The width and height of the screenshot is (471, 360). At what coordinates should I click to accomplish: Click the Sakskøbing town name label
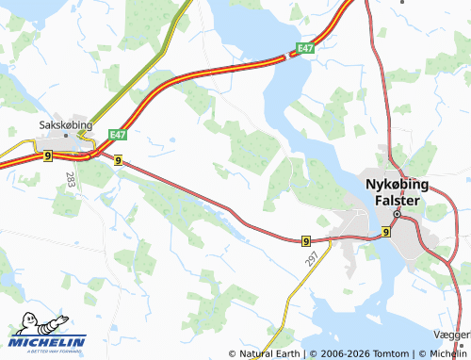pos(66,123)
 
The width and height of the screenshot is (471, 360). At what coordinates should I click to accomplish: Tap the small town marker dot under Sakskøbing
pos(67,138)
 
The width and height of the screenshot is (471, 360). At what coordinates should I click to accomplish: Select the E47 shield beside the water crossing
pos(303,48)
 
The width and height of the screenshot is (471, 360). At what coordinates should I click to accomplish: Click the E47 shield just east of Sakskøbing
pos(117,136)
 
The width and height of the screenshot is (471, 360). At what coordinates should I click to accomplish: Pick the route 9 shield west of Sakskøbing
pos(47,156)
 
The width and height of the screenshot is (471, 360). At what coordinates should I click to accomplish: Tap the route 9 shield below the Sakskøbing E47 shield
pos(117,161)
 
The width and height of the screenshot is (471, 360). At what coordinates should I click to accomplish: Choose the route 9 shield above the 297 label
pos(307,241)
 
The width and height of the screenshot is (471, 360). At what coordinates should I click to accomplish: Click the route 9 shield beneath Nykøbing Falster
pos(386,232)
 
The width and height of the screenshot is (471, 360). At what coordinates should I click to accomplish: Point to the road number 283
pos(71,177)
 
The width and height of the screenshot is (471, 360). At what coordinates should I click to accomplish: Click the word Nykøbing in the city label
pos(398,185)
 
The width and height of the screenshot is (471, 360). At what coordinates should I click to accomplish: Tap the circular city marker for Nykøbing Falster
pos(398,214)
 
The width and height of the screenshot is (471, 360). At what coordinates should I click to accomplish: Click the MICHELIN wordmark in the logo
pos(48,341)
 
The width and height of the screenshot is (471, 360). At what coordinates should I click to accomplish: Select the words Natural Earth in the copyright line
pos(269,354)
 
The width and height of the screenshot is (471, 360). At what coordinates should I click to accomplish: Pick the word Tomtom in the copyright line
pos(391,354)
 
